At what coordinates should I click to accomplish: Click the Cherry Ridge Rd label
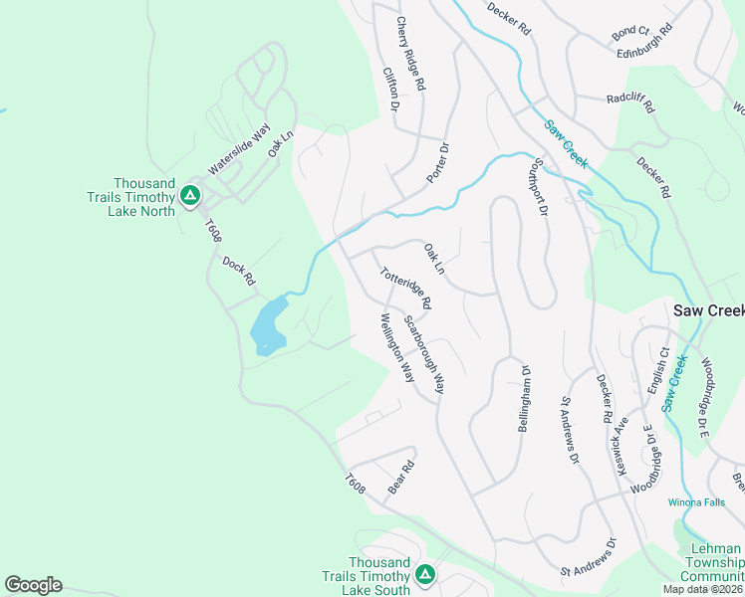(x=410, y=55)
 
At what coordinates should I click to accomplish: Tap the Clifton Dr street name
(x=390, y=90)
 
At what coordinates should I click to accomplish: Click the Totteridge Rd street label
(x=404, y=286)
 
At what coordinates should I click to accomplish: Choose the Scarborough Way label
(x=424, y=354)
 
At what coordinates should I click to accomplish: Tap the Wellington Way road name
(x=396, y=348)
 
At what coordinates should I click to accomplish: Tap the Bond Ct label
(x=630, y=33)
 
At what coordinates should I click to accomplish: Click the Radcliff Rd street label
(x=628, y=99)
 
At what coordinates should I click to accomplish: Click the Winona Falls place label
(x=693, y=501)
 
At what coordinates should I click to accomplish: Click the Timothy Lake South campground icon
(x=425, y=574)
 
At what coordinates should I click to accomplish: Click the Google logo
(x=33, y=585)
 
